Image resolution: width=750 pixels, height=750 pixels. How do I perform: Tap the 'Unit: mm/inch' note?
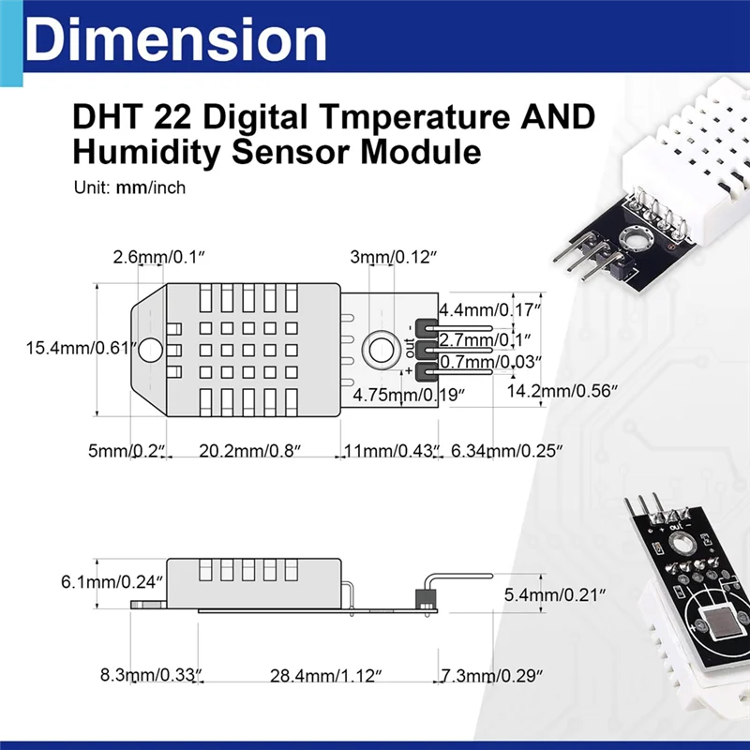click(x=129, y=187)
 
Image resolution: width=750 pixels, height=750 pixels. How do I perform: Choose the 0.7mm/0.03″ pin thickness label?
click(x=490, y=361)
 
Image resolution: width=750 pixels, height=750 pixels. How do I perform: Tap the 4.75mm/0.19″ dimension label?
click(x=408, y=395)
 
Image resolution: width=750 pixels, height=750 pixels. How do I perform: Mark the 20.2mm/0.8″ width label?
click(x=249, y=451)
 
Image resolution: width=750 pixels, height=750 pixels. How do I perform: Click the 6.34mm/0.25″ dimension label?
click(x=506, y=451)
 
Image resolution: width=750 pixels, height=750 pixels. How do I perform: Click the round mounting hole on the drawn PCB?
click(x=380, y=348)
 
